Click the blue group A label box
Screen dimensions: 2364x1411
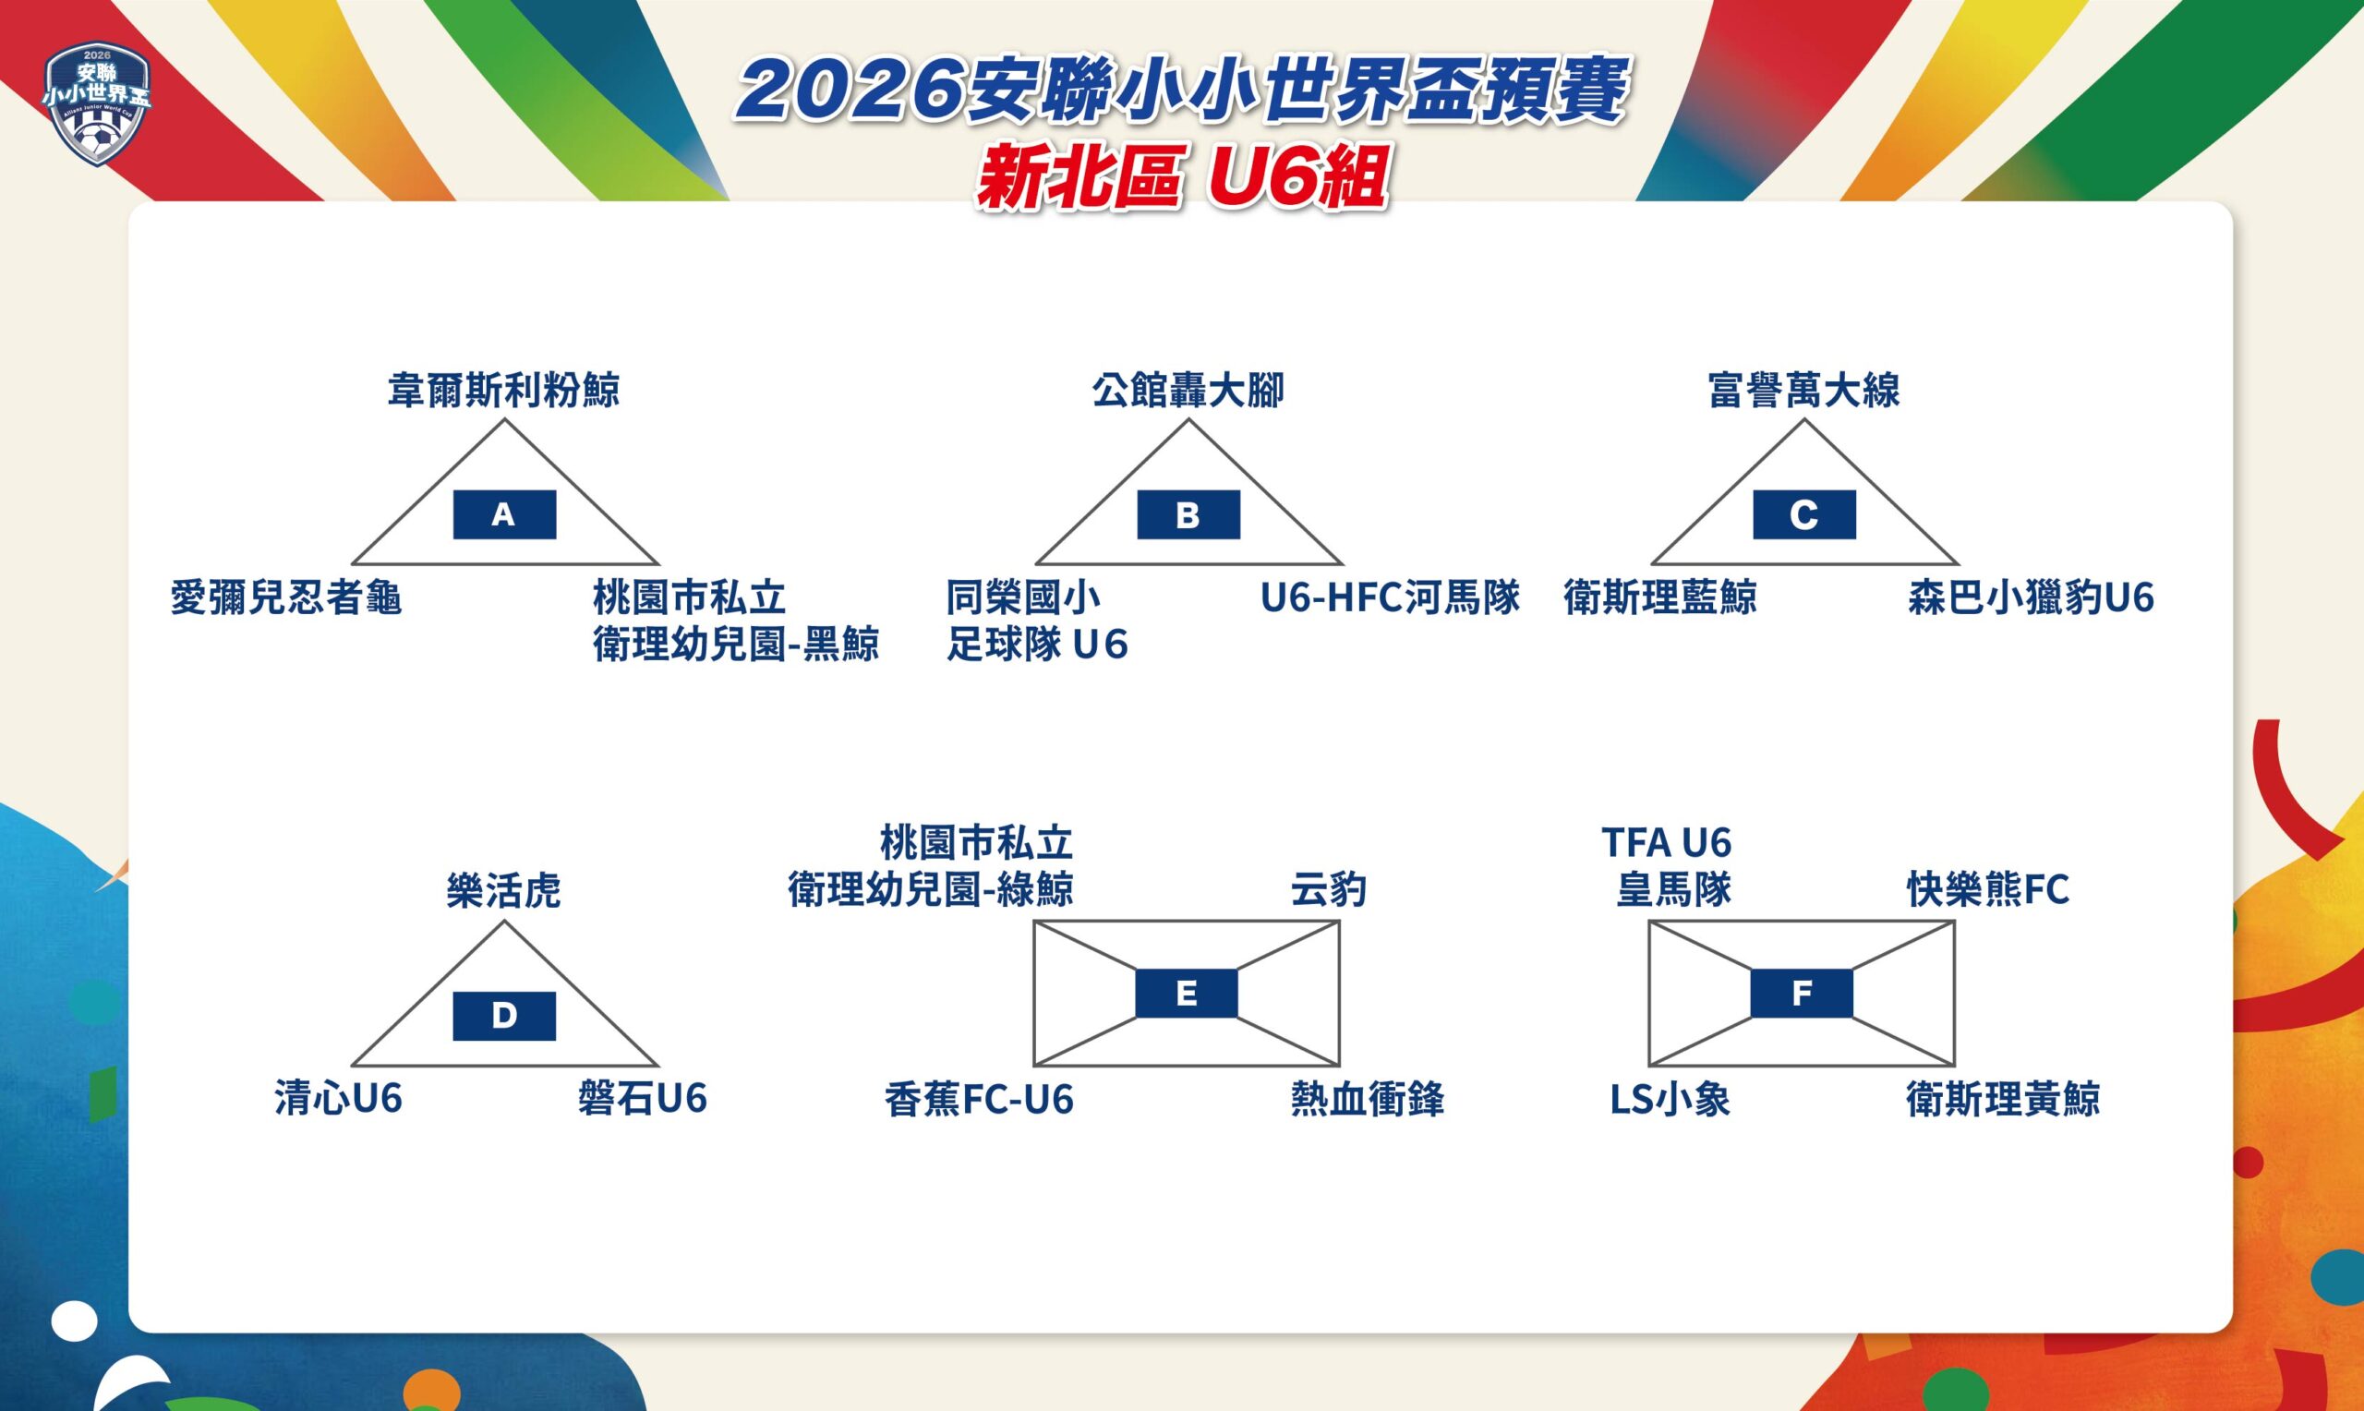[x=504, y=514]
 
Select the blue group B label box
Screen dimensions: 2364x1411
[x=1188, y=514]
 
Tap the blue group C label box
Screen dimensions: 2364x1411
[x=1804, y=514]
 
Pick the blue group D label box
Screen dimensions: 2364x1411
[x=504, y=1016]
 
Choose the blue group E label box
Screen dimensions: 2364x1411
[x=1187, y=993]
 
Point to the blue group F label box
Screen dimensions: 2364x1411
[x=1802, y=993]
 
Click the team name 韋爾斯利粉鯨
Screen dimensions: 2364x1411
[x=504, y=390]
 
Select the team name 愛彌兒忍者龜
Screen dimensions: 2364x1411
[x=286, y=598]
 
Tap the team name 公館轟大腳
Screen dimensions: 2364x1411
[x=1188, y=390]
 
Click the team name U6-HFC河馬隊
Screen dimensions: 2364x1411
[x=1390, y=598]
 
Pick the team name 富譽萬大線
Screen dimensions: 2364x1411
[x=1804, y=390]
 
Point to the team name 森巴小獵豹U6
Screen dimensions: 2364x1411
[x=2031, y=598]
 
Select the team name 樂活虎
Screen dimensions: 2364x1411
[x=504, y=891]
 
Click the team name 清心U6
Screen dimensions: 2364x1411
[x=338, y=1099]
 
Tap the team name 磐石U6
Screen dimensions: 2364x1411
[x=643, y=1099]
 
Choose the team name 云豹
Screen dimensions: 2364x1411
[x=1328, y=891]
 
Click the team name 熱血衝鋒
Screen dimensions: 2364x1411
[x=1367, y=1099]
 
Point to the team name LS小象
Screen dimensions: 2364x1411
[x=1670, y=1099]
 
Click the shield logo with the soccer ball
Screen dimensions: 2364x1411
[x=98, y=103]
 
